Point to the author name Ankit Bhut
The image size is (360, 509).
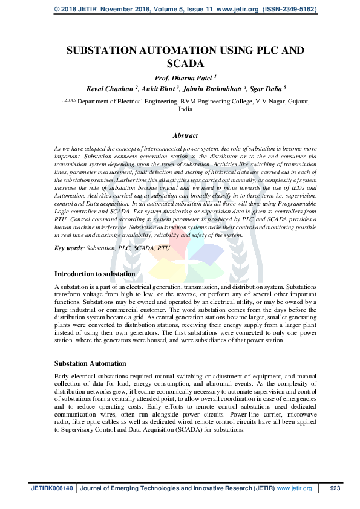162,89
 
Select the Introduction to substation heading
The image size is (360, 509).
95,274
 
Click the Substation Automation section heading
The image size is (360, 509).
90,363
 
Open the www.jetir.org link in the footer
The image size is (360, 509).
294,488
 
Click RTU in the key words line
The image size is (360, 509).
163,248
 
